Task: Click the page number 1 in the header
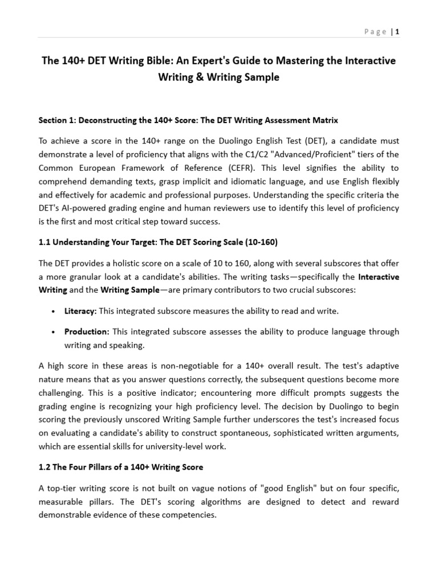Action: click(x=397, y=32)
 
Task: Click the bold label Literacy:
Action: click(x=80, y=311)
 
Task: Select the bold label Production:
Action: click(x=87, y=331)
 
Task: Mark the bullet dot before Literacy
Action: click(x=53, y=311)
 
